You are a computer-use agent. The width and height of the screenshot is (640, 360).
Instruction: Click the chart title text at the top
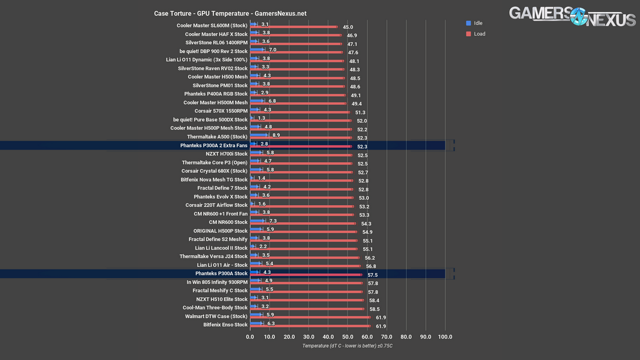(x=230, y=13)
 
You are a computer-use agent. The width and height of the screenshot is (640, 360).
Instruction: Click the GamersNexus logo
(x=572, y=16)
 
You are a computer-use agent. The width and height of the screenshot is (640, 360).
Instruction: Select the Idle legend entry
(x=474, y=23)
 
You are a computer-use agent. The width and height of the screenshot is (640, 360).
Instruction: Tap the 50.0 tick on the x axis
(x=348, y=337)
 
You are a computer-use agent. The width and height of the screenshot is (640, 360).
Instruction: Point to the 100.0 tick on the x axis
(x=445, y=337)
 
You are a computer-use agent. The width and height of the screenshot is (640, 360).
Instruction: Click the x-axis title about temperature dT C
(x=347, y=346)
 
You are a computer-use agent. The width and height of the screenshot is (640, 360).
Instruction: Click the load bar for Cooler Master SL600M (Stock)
(x=294, y=27)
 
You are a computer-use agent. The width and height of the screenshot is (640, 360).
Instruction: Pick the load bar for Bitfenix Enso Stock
(x=310, y=326)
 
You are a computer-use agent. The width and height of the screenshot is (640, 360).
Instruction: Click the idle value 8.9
(x=276, y=135)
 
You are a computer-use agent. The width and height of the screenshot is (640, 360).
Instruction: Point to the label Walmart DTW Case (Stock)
(x=216, y=316)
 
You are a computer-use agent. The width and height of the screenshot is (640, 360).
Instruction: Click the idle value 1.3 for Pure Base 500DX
(x=261, y=118)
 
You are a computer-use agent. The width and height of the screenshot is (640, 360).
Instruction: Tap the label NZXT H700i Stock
(x=226, y=154)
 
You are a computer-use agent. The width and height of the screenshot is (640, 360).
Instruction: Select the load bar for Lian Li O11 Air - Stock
(x=305, y=266)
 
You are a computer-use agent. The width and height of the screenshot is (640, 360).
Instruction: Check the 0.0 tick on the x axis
(x=250, y=337)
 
